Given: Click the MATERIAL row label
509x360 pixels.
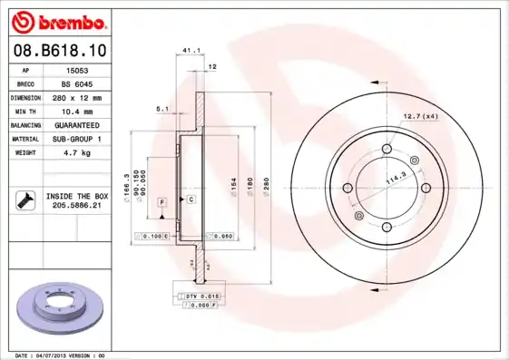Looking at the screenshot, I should pos(24,139).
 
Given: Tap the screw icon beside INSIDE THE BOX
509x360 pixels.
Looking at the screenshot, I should pos(24,199).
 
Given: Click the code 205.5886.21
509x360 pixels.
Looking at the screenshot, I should pos(77,206).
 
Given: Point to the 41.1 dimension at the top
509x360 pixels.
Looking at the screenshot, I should pos(191,51).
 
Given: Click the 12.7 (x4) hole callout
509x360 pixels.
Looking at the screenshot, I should pos(420,115).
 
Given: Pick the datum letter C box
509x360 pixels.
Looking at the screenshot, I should pos(191,198).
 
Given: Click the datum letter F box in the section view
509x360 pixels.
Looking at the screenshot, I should pos(162,199).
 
